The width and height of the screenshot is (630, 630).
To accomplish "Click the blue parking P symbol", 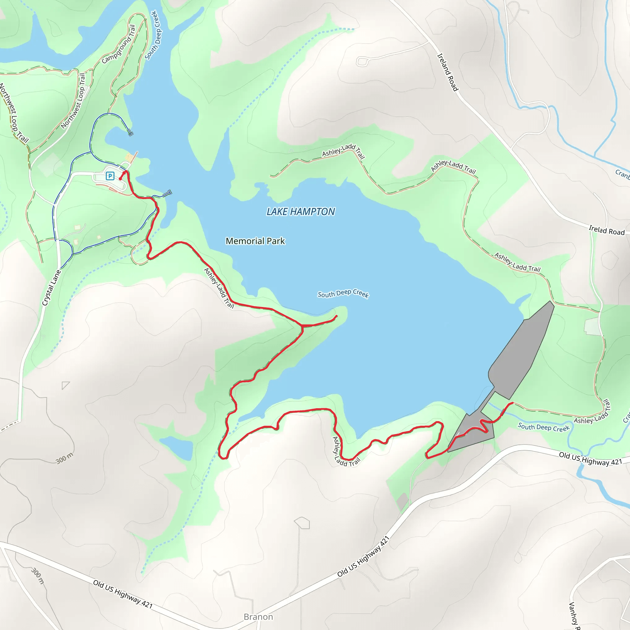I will coord(110,176).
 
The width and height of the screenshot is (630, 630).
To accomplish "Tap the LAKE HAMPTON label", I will coord(300,212).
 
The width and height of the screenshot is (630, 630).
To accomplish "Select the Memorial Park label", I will coord(255,241).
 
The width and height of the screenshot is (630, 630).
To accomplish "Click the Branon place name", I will coord(258,617).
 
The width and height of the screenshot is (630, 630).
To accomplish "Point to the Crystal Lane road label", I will coord(51,288).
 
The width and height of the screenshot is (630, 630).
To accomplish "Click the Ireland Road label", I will coord(447,72).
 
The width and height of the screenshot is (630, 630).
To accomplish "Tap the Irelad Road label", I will coord(607,230).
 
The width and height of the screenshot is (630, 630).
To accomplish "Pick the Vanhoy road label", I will coord(574,615).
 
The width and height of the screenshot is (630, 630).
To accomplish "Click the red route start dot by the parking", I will coord(120,179).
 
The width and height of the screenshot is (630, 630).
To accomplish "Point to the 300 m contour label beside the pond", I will coord(64,458).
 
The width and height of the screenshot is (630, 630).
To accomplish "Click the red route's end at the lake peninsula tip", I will coord(337,316).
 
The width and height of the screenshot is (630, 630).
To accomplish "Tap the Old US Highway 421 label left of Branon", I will coord(123,594).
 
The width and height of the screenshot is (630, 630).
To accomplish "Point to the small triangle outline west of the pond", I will coord(65,385).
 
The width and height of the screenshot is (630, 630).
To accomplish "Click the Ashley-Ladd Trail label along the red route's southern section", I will coord(346,453).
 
